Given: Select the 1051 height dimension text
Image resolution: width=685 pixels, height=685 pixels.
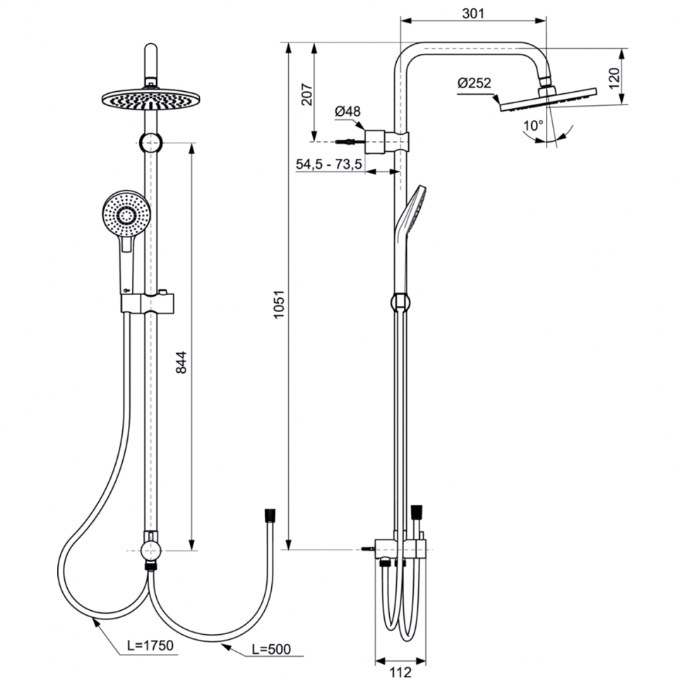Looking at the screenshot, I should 279,306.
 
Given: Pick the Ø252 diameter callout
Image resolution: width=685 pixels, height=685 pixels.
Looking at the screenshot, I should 474,83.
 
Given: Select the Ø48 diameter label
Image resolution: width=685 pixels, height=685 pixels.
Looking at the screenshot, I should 347,111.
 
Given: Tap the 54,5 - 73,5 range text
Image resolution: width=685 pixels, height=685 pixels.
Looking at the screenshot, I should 328,164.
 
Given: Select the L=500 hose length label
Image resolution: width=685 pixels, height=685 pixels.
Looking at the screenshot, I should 269,648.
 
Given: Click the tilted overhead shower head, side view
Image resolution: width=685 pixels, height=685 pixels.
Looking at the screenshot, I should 548,99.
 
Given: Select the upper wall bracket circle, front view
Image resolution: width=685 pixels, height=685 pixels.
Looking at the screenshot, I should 150,143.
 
